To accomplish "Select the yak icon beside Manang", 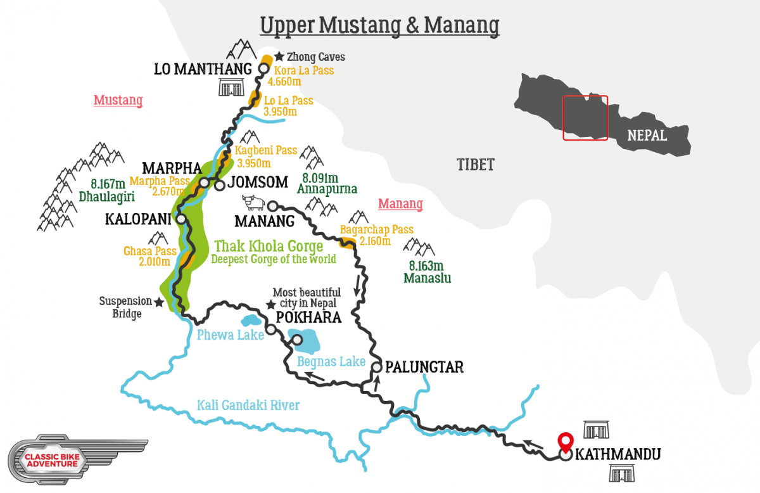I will click(253, 203).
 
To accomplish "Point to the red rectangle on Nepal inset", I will click(585, 117).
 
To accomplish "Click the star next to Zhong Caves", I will click(279, 57).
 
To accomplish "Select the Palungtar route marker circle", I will click(377, 367).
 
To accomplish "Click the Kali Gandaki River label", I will click(248, 405).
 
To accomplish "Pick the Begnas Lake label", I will click(331, 361).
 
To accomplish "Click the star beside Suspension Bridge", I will click(159, 303).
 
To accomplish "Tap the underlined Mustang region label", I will click(118, 100).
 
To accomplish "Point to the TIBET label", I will click(475, 165).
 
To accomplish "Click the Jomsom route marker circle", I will click(219, 186).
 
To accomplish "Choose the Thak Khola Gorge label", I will click(269, 246).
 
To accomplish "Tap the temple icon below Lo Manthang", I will click(231, 87).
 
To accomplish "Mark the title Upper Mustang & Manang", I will click(379, 25).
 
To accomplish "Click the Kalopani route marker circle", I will click(181, 219).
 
